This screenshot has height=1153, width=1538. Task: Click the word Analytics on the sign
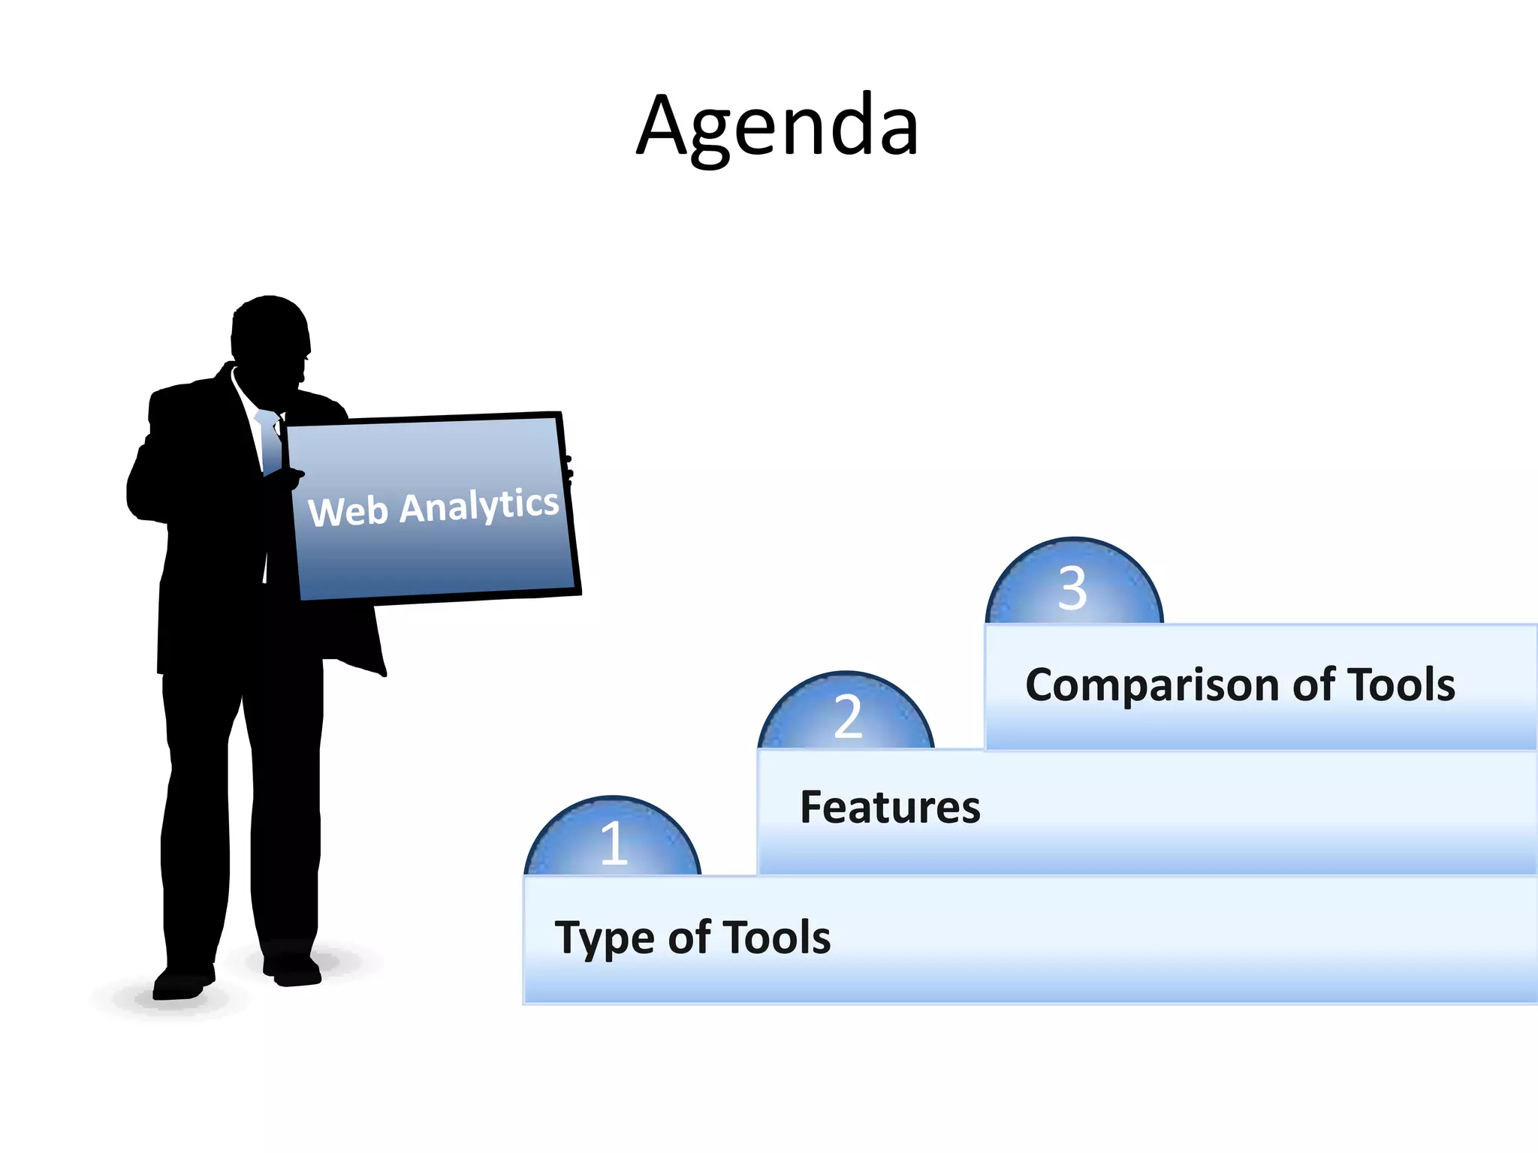(x=479, y=505)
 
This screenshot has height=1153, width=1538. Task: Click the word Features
(x=890, y=808)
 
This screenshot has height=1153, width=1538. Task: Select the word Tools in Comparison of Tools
(x=1401, y=685)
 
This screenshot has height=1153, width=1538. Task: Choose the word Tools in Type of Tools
(x=779, y=938)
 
